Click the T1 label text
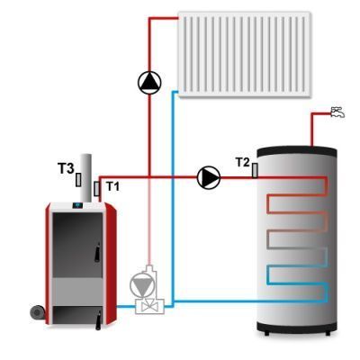113,186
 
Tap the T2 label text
243,162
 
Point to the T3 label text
66,168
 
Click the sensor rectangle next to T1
97,189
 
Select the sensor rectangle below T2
255,170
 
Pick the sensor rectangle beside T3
78,179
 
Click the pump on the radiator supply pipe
149,83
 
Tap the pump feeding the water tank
209,177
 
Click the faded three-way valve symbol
149,306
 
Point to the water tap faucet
337,112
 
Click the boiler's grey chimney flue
86,178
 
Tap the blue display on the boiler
78,205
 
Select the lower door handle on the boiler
98,320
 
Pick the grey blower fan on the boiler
38,312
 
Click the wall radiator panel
244,54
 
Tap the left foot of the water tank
266,333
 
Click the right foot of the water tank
328,333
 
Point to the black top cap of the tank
297,151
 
